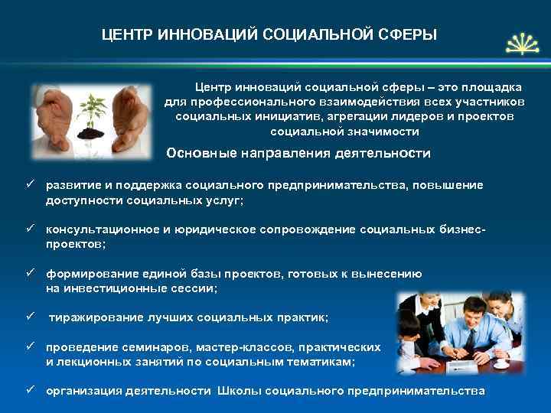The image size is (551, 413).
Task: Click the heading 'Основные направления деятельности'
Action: [x=298, y=154]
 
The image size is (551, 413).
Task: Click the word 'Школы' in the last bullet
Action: [x=238, y=391]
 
